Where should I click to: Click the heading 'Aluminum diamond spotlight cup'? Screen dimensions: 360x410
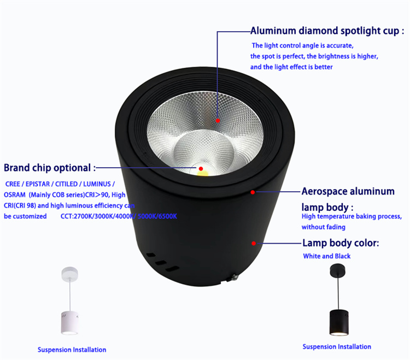point(327,31)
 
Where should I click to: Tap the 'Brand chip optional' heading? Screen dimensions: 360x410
point(50,167)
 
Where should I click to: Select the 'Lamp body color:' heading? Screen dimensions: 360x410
point(340,243)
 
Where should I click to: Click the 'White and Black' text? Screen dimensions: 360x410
point(327,256)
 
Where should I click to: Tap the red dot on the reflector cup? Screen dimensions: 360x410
point(218,120)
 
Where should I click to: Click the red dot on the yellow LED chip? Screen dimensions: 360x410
point(201,168)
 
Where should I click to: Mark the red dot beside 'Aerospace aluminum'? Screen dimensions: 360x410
point(253,192)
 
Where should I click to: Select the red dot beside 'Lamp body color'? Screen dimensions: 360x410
point(253,243)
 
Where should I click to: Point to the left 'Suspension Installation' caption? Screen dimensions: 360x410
point(72,350)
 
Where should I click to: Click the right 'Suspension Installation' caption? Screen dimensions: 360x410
point(337,346)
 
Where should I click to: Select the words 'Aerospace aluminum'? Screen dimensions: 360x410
point(348,192)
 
